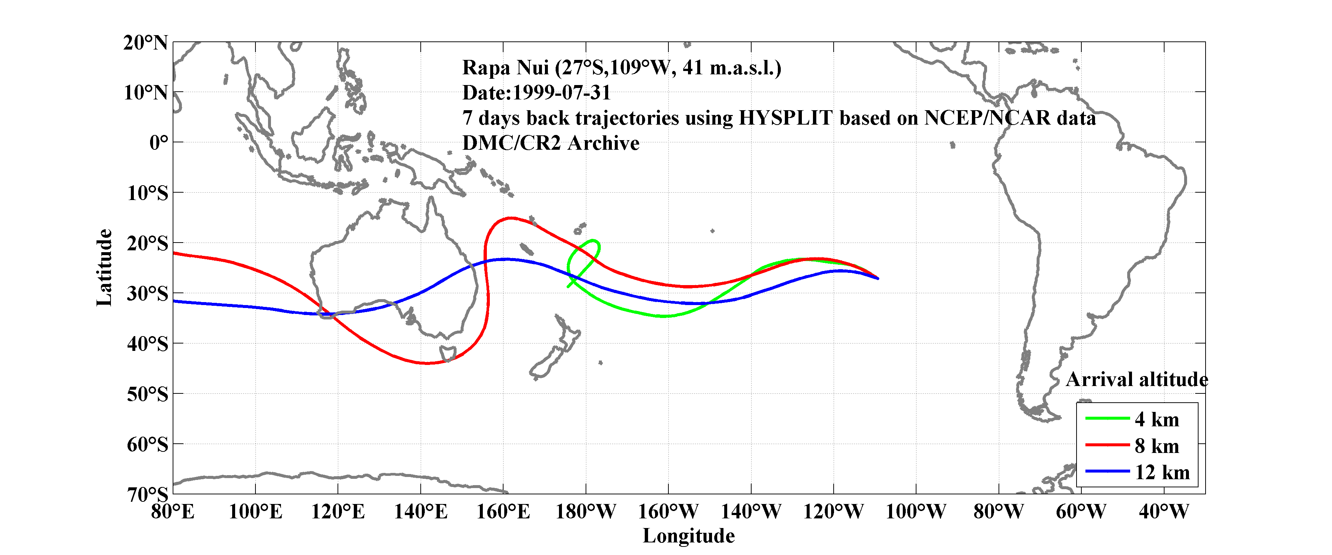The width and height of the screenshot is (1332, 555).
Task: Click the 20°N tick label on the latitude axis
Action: [145, 43]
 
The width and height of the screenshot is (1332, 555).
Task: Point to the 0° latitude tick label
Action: [159, 142]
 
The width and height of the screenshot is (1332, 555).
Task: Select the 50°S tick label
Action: [148, 394]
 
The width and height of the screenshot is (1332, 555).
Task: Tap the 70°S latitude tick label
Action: [148, 494]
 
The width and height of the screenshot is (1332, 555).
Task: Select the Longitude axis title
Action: [688, 536]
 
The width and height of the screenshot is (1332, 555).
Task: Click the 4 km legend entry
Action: [1157, 419]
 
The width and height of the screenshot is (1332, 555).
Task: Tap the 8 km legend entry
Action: [1157, 446]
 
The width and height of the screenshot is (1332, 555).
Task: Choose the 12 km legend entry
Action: [1162, 472]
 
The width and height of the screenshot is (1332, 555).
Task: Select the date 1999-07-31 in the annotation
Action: [561, 92]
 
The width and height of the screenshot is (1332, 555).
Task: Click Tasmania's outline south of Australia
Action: [448, 354]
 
